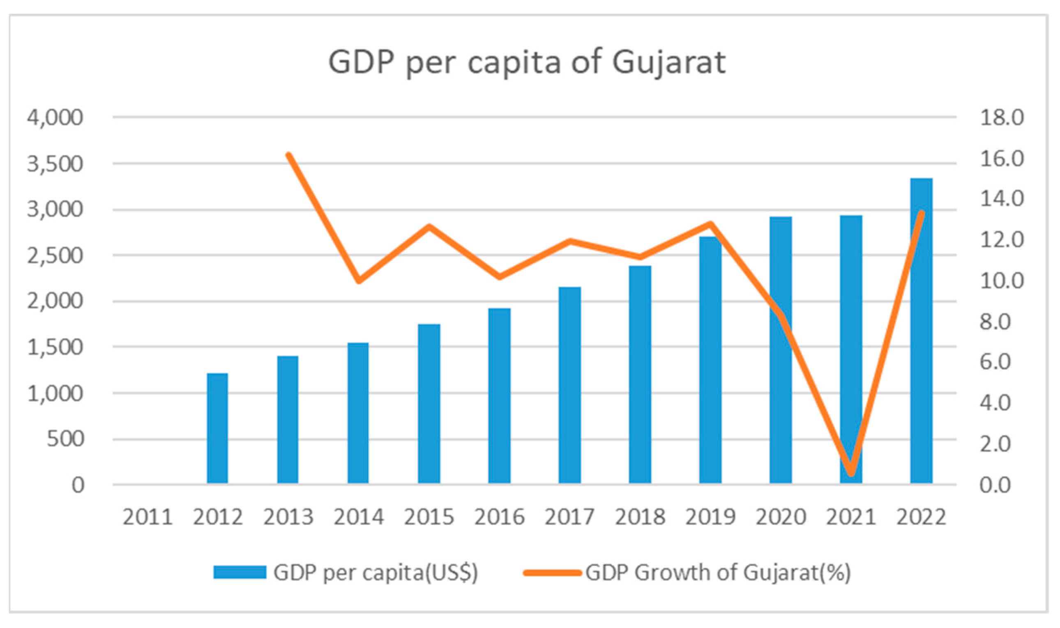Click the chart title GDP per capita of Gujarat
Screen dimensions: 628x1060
tap(527, 62)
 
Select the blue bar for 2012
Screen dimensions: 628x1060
tap(217, 428)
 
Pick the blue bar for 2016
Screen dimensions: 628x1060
tap(499, 396)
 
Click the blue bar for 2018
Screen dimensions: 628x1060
tap(640, 374)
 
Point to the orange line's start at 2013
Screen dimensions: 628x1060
tap(288, 154)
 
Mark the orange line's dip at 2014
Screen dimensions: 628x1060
tap(359, 281)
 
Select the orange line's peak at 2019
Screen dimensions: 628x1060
tap(711, 223)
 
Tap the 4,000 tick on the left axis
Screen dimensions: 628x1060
tap(55, 117)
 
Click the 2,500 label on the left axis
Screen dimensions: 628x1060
tap(55, 255)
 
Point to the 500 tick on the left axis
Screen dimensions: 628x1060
tap(65, 439)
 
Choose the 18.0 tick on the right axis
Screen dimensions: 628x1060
tap(1002, 117)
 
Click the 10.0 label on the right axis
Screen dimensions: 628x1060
tap(1002, 281)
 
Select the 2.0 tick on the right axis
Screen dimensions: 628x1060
tap(995, 444)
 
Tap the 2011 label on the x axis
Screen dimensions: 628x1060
tap(147, 517)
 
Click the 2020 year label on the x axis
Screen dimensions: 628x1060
tap(781, 517)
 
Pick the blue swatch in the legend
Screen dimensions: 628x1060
tap(240, 573)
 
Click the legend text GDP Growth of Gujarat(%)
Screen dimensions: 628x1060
tap(718, 573)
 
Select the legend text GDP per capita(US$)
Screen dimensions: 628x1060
tap(376, 573)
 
